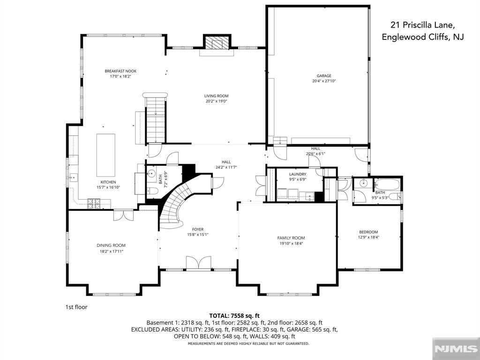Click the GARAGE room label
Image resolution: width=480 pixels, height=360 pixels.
pos(324,75)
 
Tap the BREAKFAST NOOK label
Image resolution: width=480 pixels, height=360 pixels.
pos(120,71)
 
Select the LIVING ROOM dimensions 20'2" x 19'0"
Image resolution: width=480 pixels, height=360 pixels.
pos(217,101)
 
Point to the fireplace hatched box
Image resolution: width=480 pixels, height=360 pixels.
pos(217,43)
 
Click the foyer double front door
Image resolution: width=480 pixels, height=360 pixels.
pos(199,263)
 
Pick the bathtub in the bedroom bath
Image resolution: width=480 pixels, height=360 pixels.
pos(387,185)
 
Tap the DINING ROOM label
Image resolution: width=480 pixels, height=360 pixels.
pos(111,245)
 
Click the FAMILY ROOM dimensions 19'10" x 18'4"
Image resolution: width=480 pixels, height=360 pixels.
pos(291,243)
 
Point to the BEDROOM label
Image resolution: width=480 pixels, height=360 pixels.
pos(368,232)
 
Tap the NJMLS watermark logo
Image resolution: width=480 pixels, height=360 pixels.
pos(456,349)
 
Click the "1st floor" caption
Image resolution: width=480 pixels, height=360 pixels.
pos(76,307)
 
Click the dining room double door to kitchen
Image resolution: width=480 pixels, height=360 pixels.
pos(124,215)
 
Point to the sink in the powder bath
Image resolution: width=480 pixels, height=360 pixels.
pos(151,174)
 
